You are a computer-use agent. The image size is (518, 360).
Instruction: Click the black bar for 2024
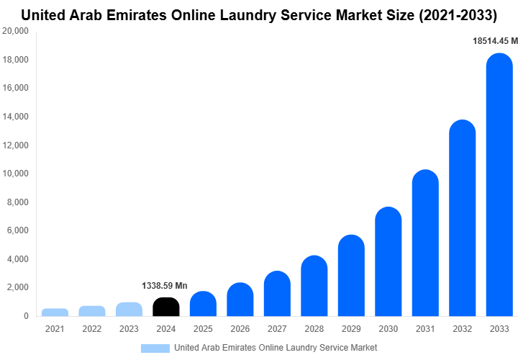click(166, 307)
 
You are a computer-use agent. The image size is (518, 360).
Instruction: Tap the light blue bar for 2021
click(55, 312)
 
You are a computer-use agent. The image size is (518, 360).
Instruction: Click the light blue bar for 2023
click(129, 310)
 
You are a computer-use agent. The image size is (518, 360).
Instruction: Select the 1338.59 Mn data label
click(165, 286)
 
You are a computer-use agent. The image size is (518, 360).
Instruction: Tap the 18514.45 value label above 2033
click(495, 42)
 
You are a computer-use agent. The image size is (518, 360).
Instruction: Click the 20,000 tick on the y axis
click(15, 32)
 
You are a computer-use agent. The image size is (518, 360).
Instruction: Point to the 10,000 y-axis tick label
click(15, 174)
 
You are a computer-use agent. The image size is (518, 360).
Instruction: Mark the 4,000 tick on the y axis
click(17, 259)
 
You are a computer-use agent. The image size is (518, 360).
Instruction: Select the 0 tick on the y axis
click(26, 316)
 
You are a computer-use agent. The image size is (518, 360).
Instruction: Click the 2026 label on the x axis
click(240, 329)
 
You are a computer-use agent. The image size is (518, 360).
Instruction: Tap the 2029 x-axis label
click(351, 329)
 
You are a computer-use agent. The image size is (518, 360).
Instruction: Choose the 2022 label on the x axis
click(92, 329)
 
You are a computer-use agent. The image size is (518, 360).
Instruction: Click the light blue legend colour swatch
click(155, 348)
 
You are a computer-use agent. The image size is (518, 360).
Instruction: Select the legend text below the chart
click(276, 348)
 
